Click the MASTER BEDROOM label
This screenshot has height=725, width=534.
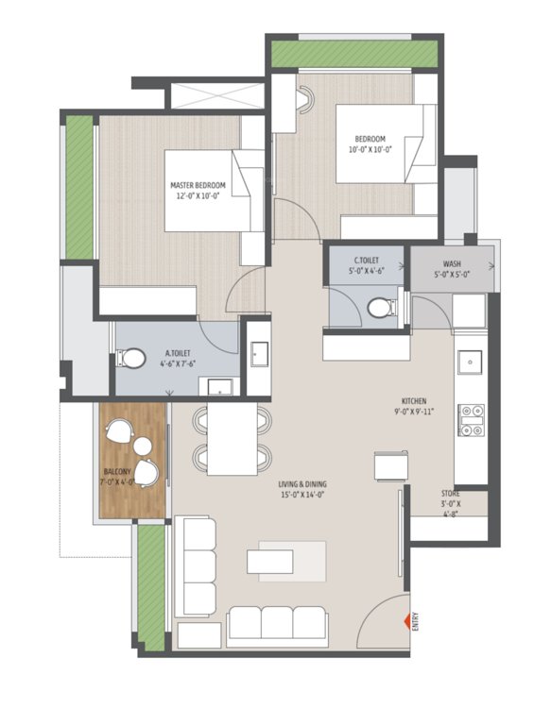198,190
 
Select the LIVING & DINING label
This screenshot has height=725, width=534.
301,488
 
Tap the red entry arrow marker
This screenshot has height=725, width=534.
407,620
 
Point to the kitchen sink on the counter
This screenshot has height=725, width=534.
470,362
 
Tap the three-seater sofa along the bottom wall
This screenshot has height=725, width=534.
278,624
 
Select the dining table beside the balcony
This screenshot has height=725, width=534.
233,439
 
